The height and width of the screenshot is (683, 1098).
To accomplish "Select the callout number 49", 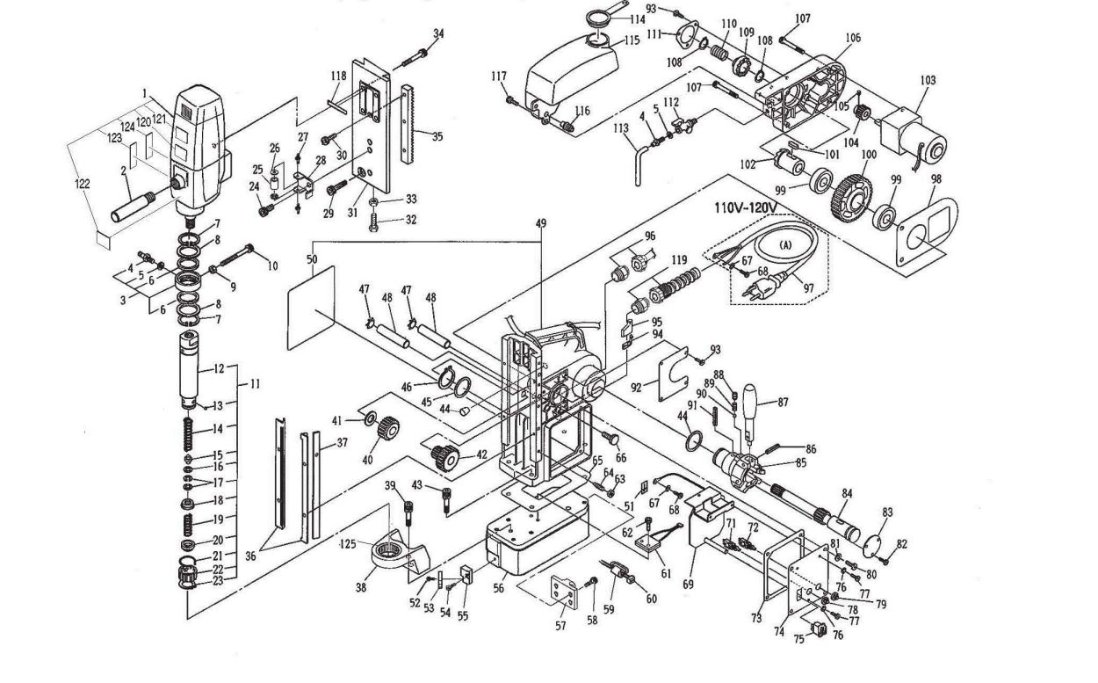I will tap(541, 223).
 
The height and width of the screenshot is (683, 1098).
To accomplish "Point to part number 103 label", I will tap(928, 81).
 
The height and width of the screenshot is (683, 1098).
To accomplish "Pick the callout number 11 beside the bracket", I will tap(255, 383).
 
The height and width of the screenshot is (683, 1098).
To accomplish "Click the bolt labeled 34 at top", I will tap(415, 60).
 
